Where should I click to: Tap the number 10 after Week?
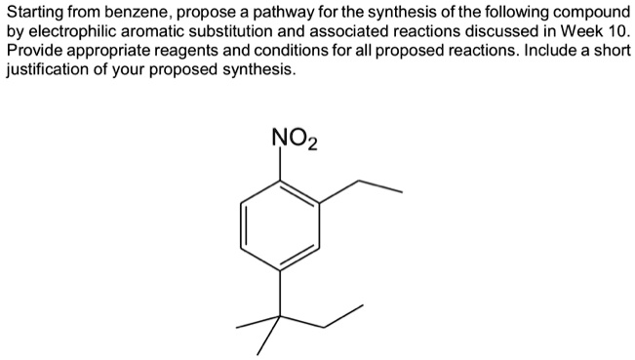pos(615,31)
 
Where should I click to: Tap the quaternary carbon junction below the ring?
pos(282,314)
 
